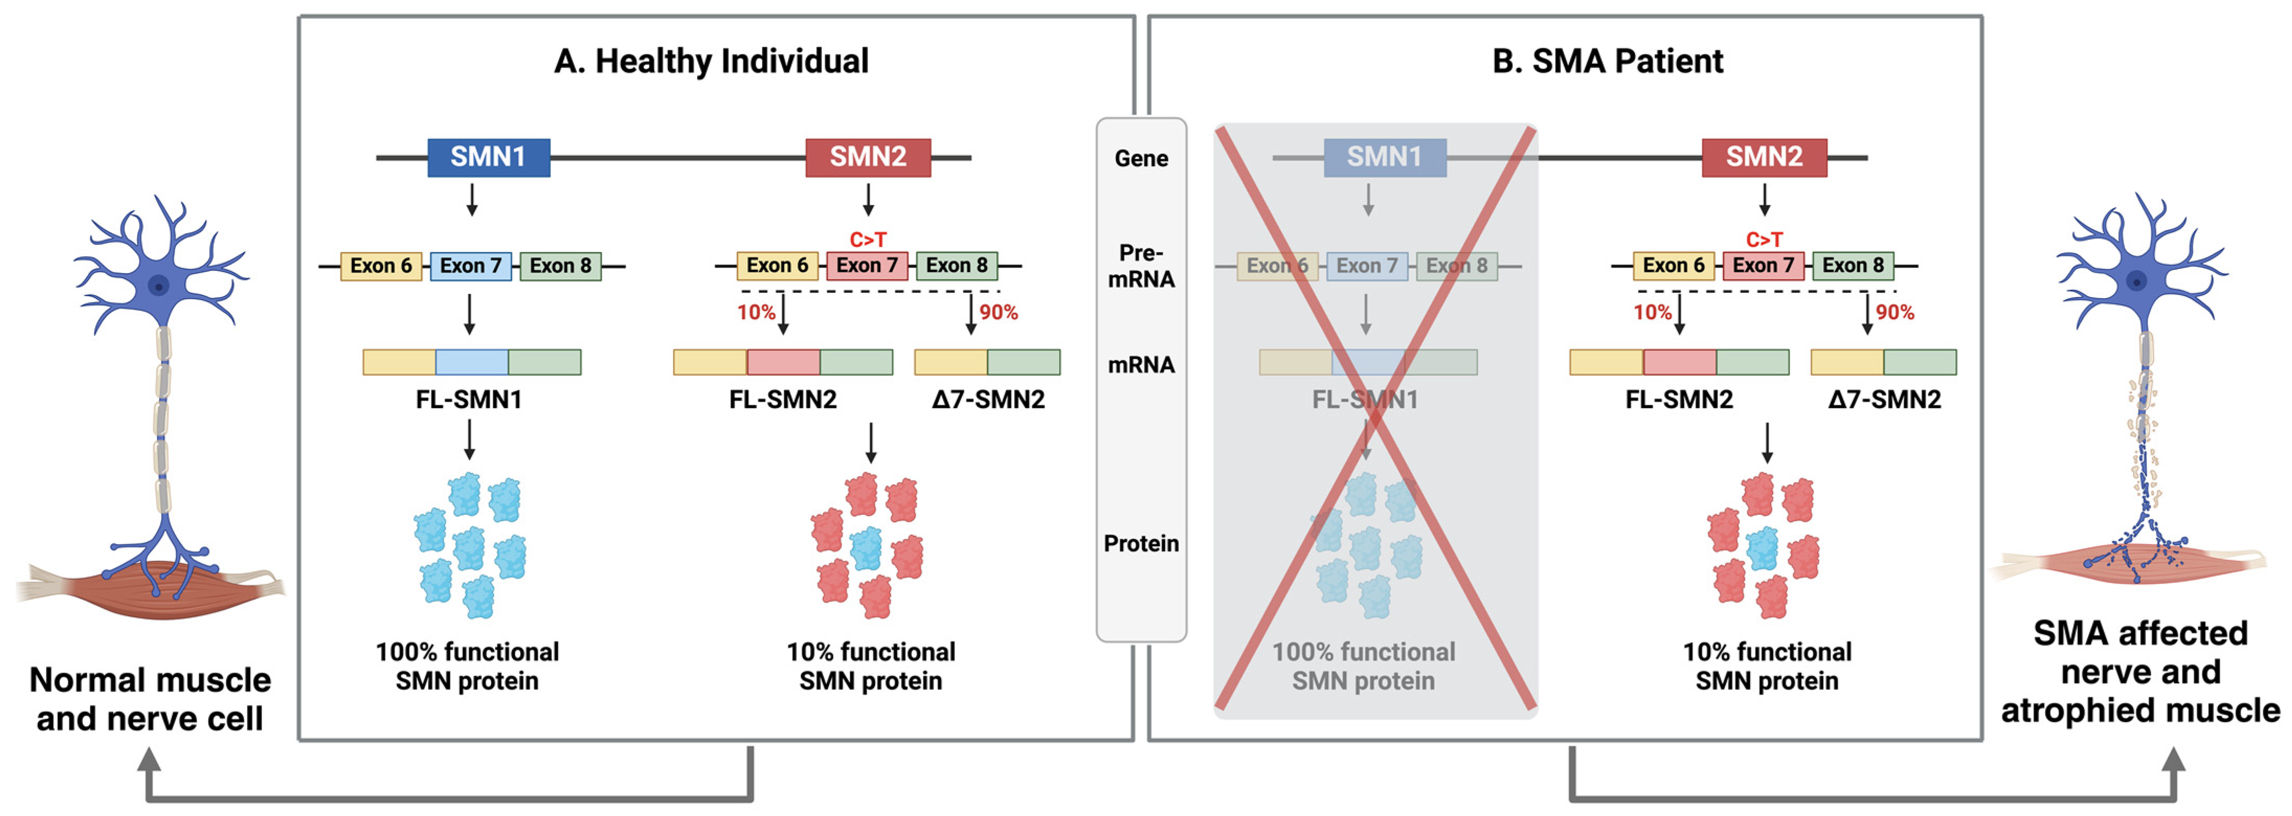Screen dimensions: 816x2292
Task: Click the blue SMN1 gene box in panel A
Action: (x=488, y=157)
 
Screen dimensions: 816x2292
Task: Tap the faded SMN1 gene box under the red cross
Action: (x=1385, y=157)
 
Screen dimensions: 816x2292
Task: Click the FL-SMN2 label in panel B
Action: (x=1679, y=400)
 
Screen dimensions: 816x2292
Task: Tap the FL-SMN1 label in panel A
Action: (x=469, y=400)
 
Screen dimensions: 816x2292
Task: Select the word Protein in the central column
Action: (x=1141, y=543)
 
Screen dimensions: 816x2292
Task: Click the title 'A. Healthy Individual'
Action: (x=711, y=61)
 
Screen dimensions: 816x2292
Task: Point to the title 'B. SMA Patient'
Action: (x=1607, y=61)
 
